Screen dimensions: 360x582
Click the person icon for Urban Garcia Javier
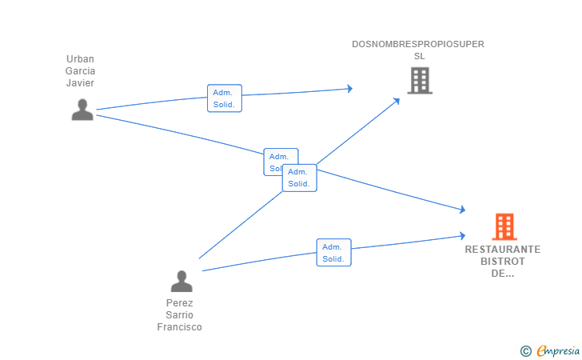82,110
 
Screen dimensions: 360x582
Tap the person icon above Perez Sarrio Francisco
181,282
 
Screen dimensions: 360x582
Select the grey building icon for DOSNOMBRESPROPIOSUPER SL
419,81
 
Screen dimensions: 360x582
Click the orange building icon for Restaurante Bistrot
504,227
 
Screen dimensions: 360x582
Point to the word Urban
80,59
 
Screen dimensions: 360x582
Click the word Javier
80,82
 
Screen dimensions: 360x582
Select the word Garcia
80,71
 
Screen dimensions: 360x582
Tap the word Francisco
180,327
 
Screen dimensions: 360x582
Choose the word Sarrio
180,315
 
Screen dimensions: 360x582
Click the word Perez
180,303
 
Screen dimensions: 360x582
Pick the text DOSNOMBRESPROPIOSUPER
418,44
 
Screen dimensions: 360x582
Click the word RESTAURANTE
503,250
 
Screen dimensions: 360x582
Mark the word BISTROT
503,262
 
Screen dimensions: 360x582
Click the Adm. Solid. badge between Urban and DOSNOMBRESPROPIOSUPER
224,98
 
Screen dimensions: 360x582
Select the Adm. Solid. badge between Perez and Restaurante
333,253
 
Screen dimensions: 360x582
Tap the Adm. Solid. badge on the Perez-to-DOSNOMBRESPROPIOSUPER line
300,178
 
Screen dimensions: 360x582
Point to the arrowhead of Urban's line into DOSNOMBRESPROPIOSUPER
349,89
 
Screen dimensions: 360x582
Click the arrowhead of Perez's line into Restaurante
462,235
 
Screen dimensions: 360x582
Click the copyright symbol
525,350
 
